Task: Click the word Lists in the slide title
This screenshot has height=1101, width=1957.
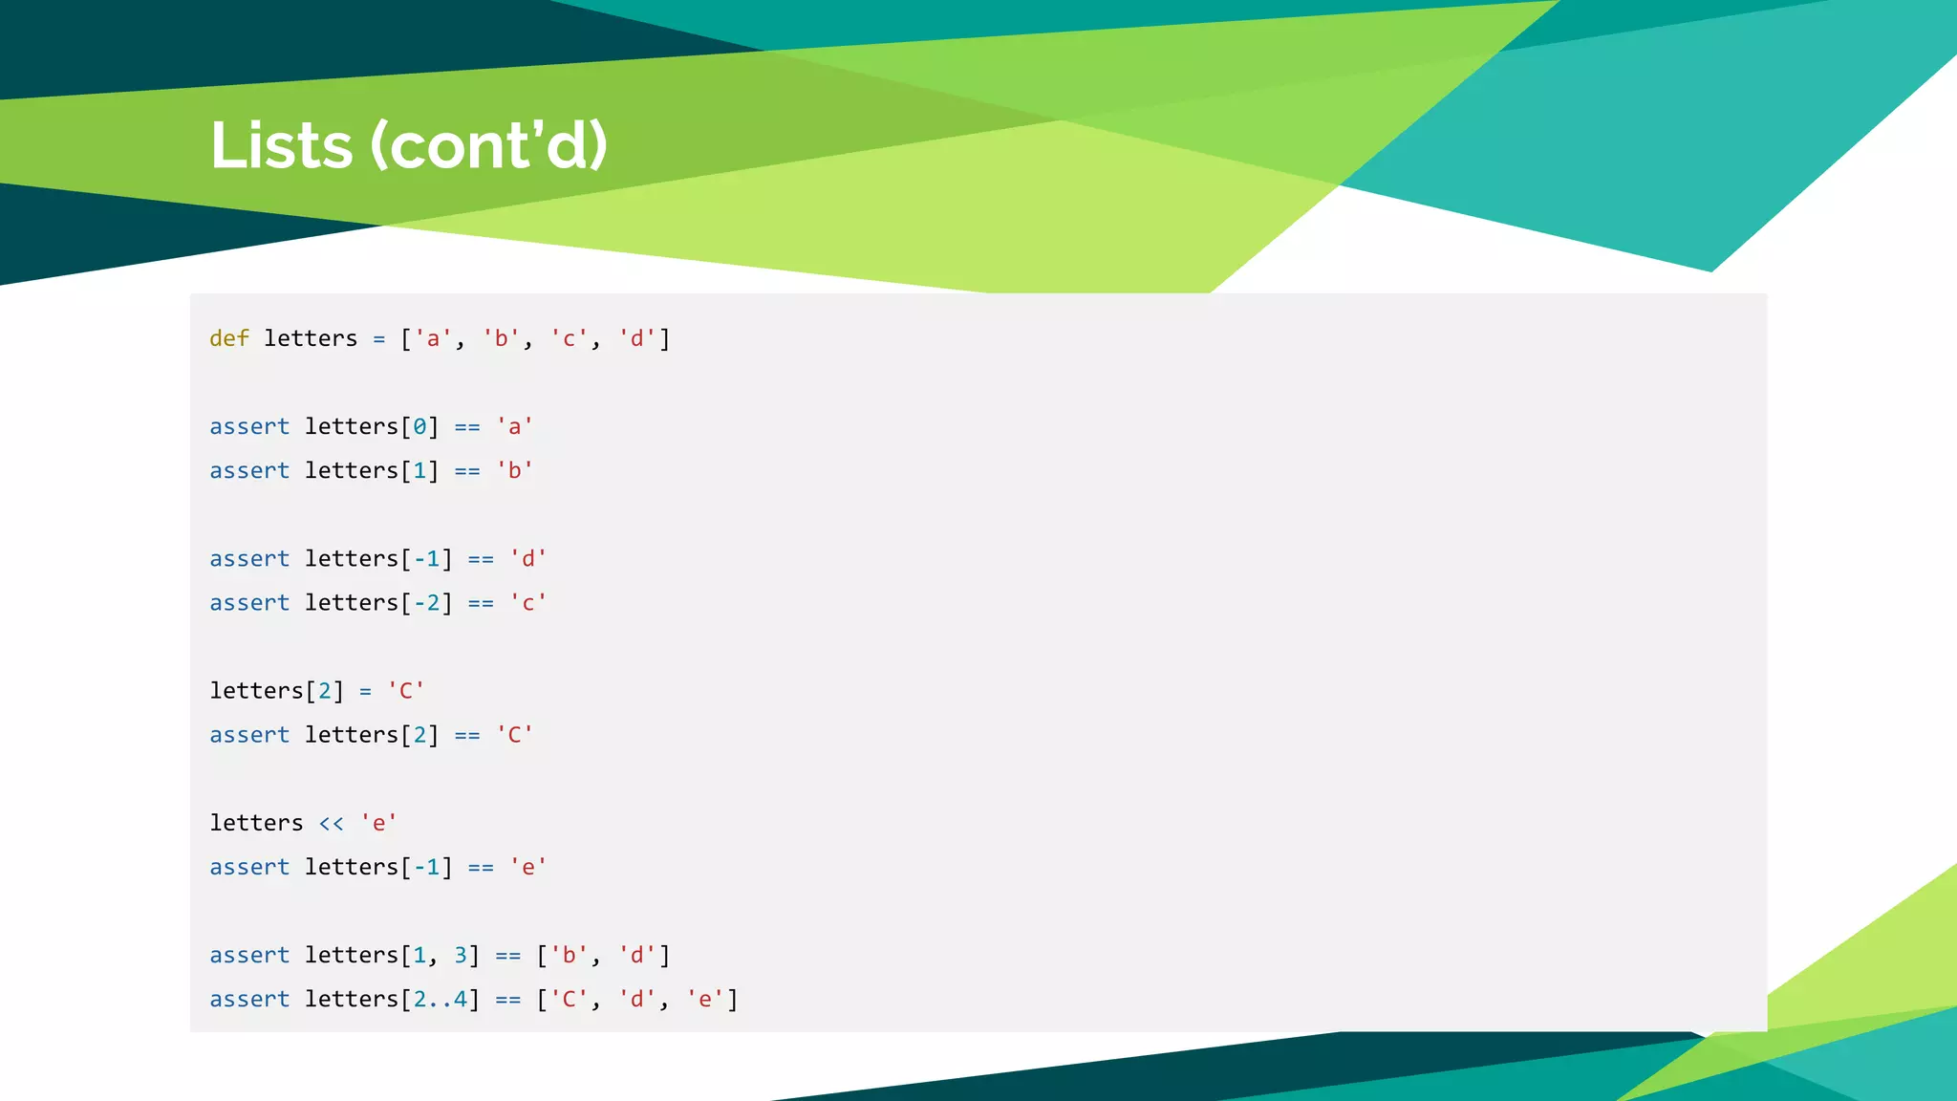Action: pos(281,145)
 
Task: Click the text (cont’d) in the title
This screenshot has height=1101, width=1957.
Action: pos(488,145)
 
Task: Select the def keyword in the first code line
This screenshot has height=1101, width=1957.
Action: pos(229,338)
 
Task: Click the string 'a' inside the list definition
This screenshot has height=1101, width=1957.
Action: pos(433,338)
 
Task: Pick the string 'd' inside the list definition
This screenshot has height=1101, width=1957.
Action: pos(636,338)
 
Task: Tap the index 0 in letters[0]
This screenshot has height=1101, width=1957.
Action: pos(419,426)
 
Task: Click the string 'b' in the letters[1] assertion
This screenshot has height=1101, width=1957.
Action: pos(514,470)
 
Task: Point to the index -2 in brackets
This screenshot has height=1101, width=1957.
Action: pos(426,602)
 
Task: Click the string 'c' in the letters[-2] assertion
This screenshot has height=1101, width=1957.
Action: pos(527,602)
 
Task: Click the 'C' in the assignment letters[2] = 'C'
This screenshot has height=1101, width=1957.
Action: pos(405,690)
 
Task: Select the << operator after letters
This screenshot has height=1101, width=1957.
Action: pos(331,823)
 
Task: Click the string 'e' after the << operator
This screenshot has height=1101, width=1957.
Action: pos(378,823)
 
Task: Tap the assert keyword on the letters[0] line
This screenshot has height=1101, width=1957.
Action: pos(249,426)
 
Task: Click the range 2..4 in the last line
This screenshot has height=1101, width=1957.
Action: pos(440,999)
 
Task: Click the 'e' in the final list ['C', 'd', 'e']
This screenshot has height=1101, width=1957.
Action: pos(704,999)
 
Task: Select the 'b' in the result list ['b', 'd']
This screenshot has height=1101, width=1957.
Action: pos(569,955)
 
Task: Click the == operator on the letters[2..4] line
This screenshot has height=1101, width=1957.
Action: pos(507,999)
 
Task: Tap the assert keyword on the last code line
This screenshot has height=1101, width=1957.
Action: pos(249,999)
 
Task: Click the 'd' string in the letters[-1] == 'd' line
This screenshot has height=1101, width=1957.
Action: pos(527,558)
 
